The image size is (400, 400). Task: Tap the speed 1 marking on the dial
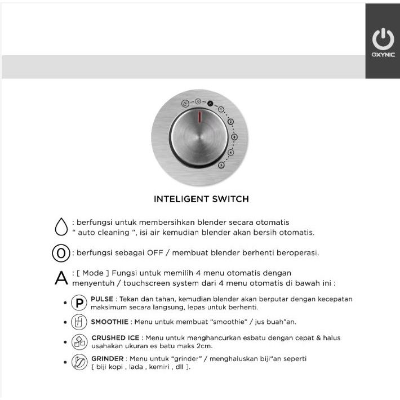pyautogui.click(x=221, y=109)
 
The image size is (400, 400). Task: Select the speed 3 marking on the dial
pyautogui.click(x=234, y=136)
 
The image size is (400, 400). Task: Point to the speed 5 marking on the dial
pyautogui.click(x=221, y=164)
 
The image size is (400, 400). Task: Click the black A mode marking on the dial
pyautogui.click(x=210, y=103)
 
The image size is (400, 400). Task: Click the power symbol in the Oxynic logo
pyautogui.click(x=383, y=39)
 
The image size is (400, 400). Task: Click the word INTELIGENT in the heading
pyautogui.click(x=177, y=199)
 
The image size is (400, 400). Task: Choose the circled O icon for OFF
pyautogui.click(x=60, y=253)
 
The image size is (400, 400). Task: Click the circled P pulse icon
pyautogui.click(x=80, y=303)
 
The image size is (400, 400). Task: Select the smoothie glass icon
pyautogui.click(x=80, y=323)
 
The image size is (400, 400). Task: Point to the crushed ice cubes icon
pyautogui.click(x=80, y=343)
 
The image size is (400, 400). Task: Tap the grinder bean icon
pyautogui.click(x=80, y=362)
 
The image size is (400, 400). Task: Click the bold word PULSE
pyautogui.click(x=102, y=299)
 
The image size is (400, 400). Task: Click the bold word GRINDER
pyautogui.click(x=106, y=358)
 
